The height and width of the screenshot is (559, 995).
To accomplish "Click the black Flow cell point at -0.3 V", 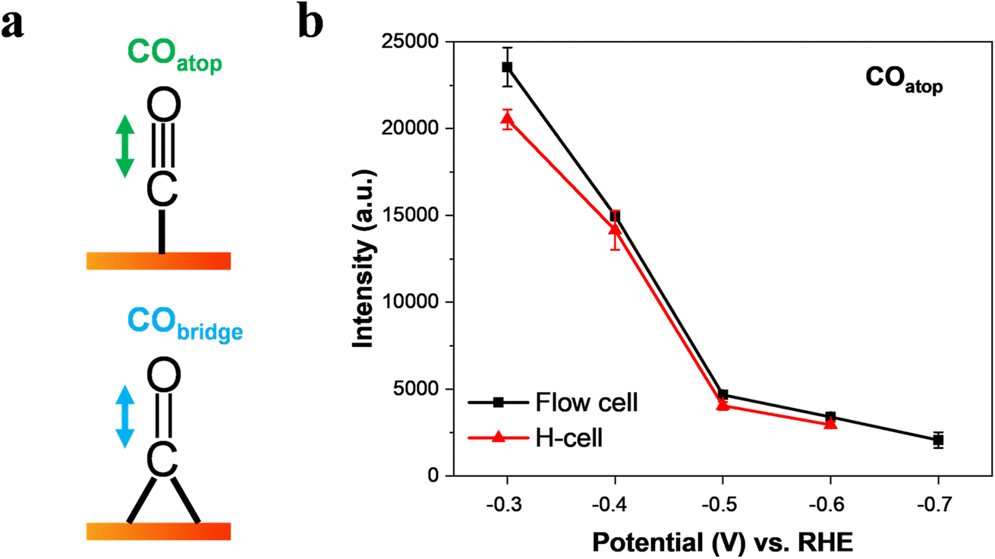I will click(x=507, y=67).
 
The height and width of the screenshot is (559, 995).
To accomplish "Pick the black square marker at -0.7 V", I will click(x=939, y=440).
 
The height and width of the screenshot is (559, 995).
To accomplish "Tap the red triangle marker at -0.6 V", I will click(x=830, y=423).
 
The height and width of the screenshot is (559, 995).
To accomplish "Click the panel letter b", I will click(x=312, y=24).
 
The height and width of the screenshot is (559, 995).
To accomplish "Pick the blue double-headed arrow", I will click(x=124, y=415).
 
